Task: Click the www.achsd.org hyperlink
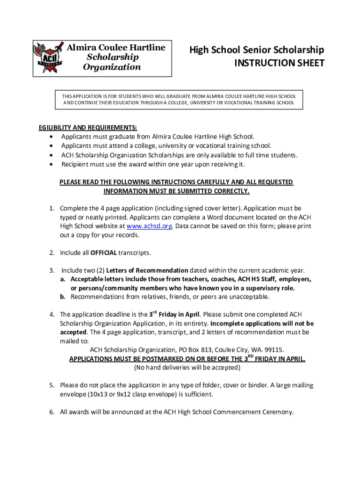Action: pos(150,226)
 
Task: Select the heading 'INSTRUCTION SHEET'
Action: pos(279,63)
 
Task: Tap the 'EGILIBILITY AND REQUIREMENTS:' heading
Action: pos(87,128)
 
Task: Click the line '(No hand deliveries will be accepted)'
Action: pos(187,368)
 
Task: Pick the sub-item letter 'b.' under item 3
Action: pos(62,297)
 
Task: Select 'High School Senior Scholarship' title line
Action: pos(256,50)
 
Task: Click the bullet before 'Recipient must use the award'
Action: pos(50,164)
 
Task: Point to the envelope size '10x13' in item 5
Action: pos(91,394)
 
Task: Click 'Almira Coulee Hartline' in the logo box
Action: pos(115,48)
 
